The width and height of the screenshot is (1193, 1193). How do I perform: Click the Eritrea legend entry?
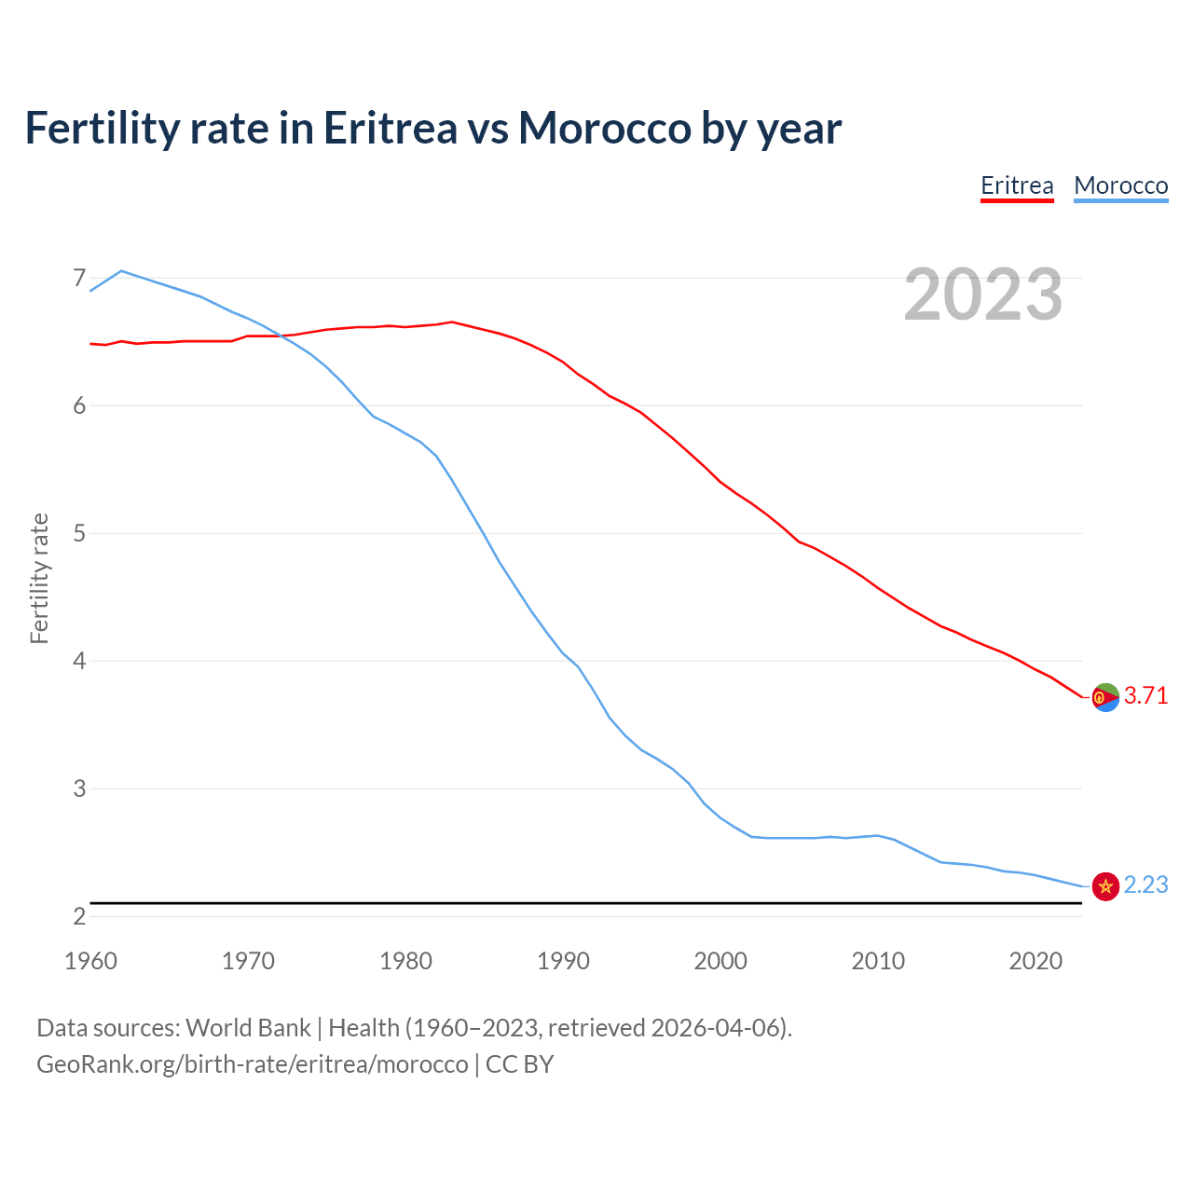click(1017, 185)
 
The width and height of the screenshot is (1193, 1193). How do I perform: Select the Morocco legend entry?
click(1120, 185)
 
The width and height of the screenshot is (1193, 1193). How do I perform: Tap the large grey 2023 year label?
click(983, 295)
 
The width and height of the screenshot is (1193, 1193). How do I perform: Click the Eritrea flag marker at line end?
click(1105, 697)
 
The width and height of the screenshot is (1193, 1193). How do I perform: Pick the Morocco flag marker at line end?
click(1105, 886)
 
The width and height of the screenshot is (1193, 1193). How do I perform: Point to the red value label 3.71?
click(1145, 696)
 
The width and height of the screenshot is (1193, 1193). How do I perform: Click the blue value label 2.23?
click(1145, 885)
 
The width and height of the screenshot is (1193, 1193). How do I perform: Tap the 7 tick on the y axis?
click(79, 278)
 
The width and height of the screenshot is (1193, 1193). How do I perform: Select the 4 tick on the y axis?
click(79, 661)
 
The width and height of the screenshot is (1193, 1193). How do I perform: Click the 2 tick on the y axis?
click(79, 916)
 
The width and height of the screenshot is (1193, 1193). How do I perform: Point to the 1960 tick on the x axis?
click(90, 961)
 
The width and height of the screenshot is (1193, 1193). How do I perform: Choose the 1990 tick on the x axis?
click(563, 961)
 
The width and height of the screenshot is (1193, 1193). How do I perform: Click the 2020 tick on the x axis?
click(1035, 961)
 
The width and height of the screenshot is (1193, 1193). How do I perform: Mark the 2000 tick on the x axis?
click(720, 961)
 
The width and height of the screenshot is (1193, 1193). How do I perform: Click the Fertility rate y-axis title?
click(39, 578)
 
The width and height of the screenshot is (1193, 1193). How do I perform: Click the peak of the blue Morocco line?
click(121, 271)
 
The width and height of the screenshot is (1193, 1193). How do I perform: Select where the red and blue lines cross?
click(280, 336)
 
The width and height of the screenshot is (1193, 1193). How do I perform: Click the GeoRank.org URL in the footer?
click(252, 1064)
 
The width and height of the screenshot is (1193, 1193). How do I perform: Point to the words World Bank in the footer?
click(248, 1028)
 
